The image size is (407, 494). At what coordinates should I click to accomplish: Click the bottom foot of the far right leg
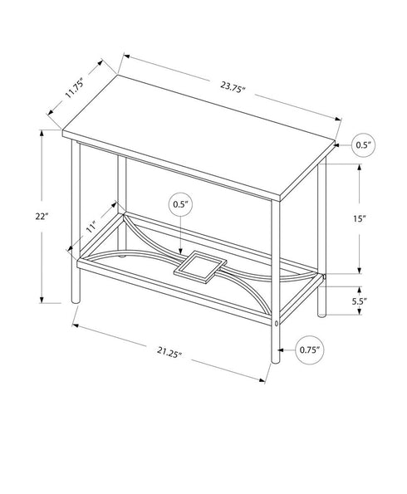(x=321, y=314)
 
